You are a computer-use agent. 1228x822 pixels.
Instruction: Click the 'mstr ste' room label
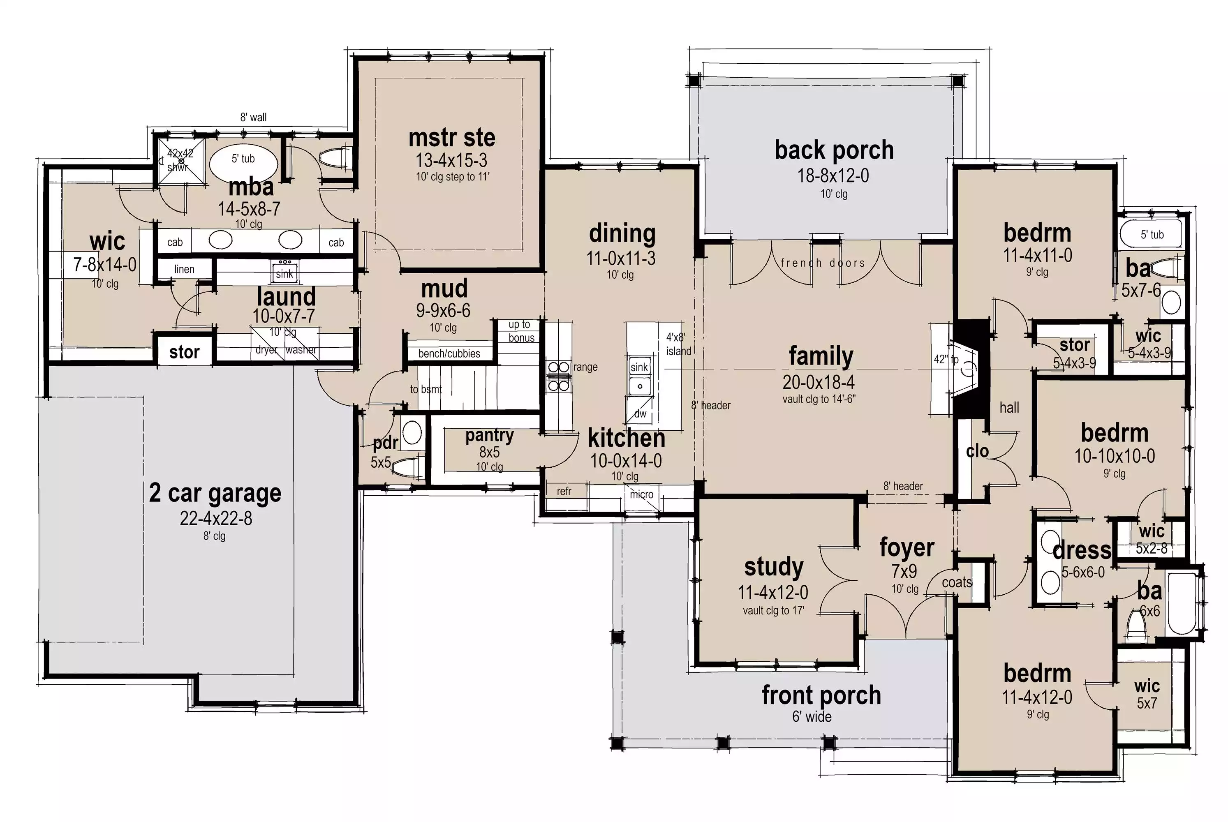451,138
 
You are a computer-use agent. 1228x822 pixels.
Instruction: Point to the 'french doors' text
823,263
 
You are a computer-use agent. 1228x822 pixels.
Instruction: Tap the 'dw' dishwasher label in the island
640,413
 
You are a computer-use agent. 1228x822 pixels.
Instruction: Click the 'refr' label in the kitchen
564,491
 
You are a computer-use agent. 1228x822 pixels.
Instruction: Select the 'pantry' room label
489,435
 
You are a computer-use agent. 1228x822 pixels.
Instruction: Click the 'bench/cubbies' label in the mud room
449,353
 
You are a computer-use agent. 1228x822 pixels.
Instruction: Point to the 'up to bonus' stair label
520,331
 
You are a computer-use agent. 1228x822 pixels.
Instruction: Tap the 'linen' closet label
184,269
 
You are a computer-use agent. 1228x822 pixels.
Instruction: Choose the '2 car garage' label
215,493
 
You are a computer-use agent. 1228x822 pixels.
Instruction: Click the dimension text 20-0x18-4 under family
819,382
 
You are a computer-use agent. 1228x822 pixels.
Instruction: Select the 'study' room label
773,567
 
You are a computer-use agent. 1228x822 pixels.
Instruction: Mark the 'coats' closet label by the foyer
957,582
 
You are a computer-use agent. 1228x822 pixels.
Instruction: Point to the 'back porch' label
834,150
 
